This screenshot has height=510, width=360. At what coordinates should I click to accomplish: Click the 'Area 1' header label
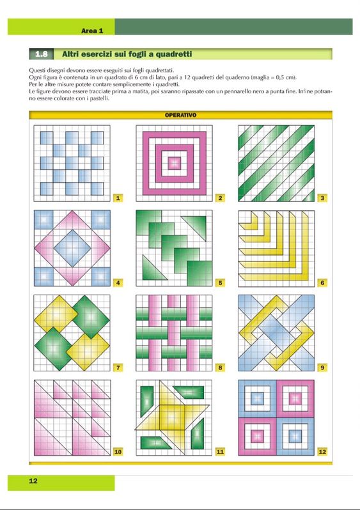point(92,31)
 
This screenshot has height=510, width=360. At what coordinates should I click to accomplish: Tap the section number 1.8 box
point(42,54)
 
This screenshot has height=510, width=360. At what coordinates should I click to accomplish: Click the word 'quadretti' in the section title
point(174,54)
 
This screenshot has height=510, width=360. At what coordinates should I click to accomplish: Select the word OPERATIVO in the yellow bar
point(180,115)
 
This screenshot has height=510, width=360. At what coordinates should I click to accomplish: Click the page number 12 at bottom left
point(33,481)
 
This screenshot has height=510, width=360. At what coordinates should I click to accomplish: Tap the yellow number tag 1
point(118,197)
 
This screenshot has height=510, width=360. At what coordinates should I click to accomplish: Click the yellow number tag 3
point(322,197)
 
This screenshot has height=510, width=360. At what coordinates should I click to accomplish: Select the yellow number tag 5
point(220,282)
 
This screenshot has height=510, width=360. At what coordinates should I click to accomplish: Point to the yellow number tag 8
point(220,367)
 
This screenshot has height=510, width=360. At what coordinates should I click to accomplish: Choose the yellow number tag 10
point(118,451)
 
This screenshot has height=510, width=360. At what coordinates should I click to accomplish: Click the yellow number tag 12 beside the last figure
point(322,451)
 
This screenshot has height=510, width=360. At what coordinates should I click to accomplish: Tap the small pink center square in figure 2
point(174,163)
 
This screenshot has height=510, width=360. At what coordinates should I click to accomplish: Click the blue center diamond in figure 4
point(72,248)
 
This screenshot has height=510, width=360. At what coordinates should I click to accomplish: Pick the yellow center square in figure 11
point(172,417)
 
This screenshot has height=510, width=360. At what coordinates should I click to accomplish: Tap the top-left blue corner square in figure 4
point(44,220)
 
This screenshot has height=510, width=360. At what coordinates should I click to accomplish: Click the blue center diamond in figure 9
point(276,332)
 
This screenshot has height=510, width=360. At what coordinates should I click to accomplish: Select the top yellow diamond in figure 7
point(56,314)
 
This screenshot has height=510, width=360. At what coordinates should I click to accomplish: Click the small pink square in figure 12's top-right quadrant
point(295,398)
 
